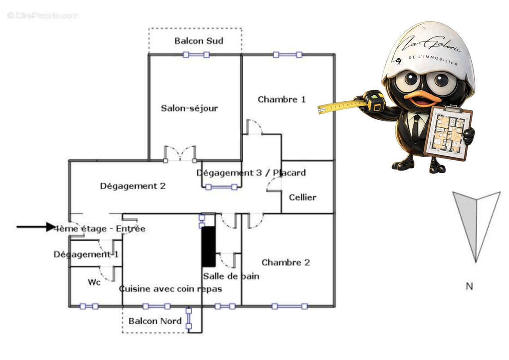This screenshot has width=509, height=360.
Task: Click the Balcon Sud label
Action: (x=199, y=41)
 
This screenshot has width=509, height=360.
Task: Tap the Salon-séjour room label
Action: (x=189, y=108)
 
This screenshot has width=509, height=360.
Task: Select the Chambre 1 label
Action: (x=281, y=99)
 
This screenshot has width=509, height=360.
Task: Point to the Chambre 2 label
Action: (x=286, y=262)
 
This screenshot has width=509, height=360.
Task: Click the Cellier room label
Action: (x=303, y=197)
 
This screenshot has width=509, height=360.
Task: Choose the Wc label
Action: (x=94, y=282)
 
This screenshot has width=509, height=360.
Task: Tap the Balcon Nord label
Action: (x=155, y=321)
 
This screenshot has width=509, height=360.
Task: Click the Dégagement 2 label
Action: (x=133, y=186)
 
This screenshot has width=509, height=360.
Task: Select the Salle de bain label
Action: (x=231, y=276)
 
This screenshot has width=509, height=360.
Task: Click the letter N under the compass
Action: (x=469, y=286)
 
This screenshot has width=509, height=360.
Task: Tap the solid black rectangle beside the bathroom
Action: (x=208, y=247)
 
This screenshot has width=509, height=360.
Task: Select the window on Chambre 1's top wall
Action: (x=287, y=55)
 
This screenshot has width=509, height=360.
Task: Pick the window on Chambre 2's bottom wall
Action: (x=289, y=306)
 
